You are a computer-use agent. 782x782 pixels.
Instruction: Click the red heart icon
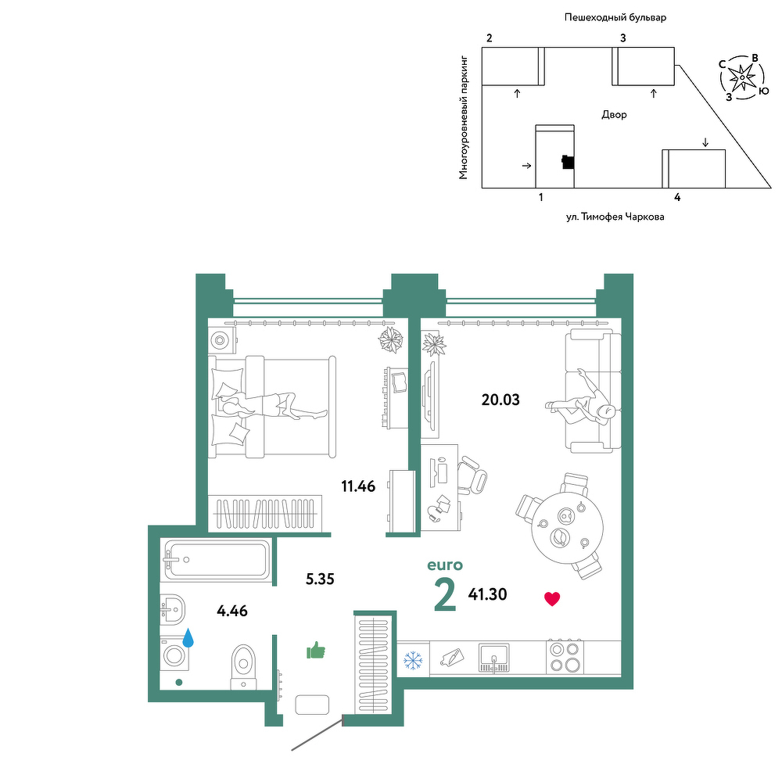point(552,598)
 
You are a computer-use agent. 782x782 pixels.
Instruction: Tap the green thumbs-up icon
point(316,651)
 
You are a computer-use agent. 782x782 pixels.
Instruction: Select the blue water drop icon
point(188,638)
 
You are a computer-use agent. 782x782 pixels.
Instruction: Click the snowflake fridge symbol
point(413,660)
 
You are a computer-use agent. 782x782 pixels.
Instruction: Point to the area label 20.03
point(500,400)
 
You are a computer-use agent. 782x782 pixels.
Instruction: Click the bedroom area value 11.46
point(358,486)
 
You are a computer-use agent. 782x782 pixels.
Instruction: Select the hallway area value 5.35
point(320,579)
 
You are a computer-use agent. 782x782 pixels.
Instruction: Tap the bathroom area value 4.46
point(232,611)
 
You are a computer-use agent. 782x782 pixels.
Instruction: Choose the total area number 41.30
point(487,594)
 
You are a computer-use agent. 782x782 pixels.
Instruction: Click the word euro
point(445,565)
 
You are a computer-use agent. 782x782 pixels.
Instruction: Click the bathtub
point(217,560)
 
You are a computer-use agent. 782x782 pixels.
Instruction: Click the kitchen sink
point(493,658)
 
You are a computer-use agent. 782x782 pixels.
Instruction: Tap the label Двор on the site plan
point(614,115)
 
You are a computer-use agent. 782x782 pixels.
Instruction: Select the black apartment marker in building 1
point(568,162)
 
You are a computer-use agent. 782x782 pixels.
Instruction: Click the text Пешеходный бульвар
point(615,18)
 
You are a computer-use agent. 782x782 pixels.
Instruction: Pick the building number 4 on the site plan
point(677,197)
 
